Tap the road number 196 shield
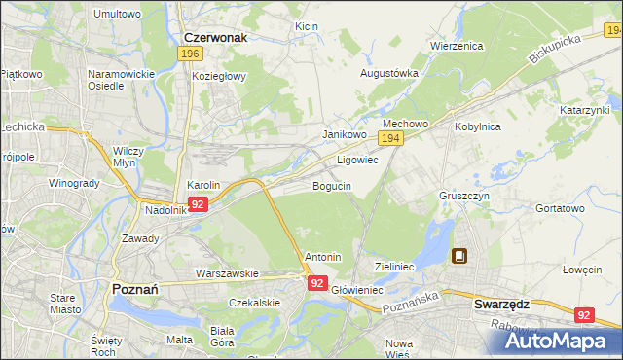191,54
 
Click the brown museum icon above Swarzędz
458,257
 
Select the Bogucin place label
332,185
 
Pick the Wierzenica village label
458,45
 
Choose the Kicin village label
307,25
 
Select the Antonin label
323,257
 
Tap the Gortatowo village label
560,208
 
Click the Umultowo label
117,14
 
